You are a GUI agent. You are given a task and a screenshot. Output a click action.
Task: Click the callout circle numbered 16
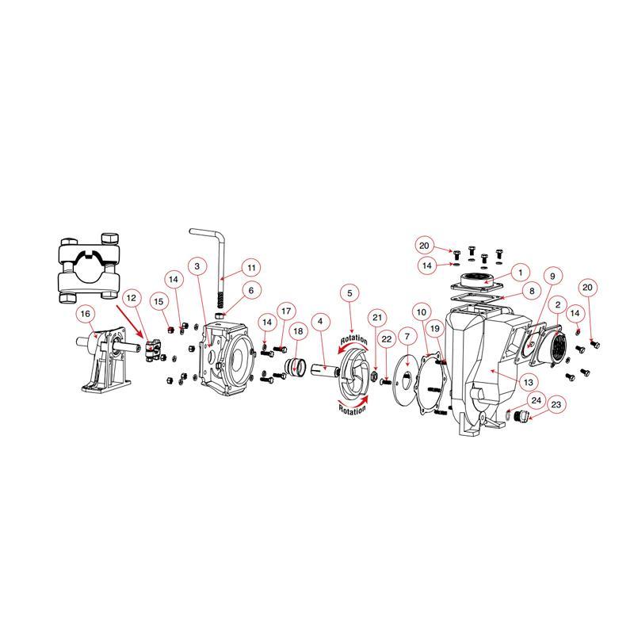[x=85, y=314]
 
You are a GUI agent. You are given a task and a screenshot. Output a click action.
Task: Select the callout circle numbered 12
[x=132, y=298]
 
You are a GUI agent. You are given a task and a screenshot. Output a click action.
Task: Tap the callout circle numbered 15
[x=158, y=302]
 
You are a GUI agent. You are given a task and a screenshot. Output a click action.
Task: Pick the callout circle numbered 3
[x=197, y=266]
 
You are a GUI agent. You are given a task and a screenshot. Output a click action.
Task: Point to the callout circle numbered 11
[x=251, y=268]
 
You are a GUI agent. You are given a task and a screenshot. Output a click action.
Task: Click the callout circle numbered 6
[x=251, y=290]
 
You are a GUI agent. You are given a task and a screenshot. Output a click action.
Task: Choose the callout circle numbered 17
[x=286, y=311]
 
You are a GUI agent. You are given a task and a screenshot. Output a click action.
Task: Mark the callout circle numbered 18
[x=298, y=331]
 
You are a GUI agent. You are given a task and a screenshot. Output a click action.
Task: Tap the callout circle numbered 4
[x=321, y=322]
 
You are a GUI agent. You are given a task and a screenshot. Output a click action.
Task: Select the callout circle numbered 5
[x=349, y=293]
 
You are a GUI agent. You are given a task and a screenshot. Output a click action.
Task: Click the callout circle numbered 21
[x=377, y=318]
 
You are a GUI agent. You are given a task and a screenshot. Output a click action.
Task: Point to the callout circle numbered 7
[x=407, y=336]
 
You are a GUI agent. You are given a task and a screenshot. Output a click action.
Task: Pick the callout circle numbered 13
[x=529, y=382]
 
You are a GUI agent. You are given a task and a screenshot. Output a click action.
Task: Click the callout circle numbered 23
[x=556, y=405]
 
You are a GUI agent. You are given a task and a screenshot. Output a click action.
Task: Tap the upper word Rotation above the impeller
[x=353, y=340]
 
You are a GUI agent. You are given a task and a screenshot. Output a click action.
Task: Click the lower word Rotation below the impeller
[x=352, y=410]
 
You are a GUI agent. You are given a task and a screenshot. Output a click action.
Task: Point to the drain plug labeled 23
[x=521, y=415]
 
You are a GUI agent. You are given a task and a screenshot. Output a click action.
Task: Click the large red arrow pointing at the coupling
[x=130, y=322]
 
